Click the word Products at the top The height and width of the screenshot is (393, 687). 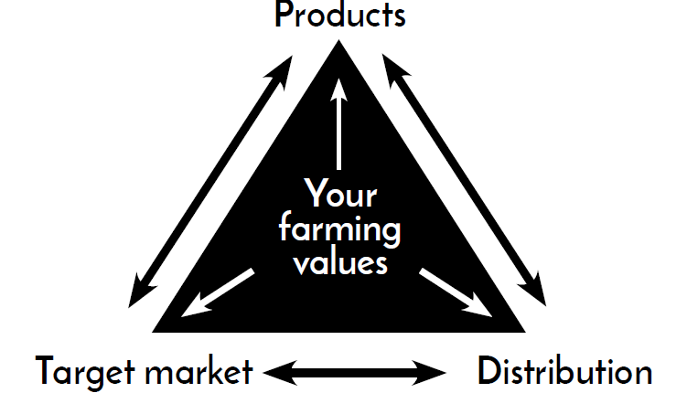[x=340, y=15]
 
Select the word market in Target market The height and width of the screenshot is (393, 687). [x=199, y=372]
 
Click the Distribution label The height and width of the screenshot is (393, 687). [x=564, y=371]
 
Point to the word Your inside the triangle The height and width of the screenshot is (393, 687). [x=340, y=193]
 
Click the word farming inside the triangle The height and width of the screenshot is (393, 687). [x=339, y=228]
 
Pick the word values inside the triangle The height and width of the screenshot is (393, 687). [x=340, y=262]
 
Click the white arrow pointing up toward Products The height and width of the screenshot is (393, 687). [x=338, y=124]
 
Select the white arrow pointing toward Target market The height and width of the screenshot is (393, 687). [x=218, y=292]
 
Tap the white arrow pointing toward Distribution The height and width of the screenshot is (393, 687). [x=456, y=292]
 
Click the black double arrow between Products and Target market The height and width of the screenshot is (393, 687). [x=210, y=182]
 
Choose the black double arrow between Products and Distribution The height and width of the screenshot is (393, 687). [x=464, y=180]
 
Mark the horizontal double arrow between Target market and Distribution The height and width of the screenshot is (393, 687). [x=354, y=373]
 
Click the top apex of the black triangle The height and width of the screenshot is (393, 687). [x=338, y=40]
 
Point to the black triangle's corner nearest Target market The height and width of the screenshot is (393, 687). [x=153, y=332]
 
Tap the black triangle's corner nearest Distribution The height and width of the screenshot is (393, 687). [x=525, y=332]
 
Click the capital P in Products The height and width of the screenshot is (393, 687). [x=284, y=15]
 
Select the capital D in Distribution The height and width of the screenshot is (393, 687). [x=488, y=371]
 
